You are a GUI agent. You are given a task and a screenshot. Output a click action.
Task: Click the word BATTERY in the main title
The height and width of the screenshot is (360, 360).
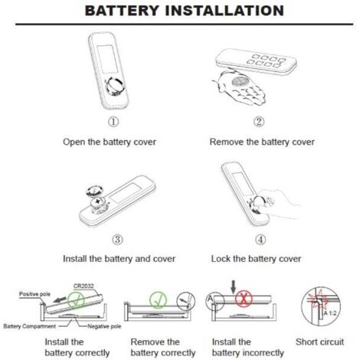pos(121,11)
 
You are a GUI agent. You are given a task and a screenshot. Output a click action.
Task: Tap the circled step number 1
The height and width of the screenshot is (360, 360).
pos(113,122)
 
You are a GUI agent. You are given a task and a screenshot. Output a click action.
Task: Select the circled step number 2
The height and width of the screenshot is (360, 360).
pos(259,122)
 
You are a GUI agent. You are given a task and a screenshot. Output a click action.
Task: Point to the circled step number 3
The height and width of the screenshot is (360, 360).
pos(117,240)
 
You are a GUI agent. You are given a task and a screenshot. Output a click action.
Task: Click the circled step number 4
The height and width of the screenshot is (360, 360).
pos(260,240)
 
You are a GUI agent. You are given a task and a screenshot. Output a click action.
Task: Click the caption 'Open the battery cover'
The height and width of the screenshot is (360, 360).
pos(110,142)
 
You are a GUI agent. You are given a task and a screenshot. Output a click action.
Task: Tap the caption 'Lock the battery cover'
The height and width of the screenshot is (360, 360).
pos(256,259)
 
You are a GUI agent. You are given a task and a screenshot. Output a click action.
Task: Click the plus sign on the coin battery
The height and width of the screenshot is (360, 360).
pos(97,201)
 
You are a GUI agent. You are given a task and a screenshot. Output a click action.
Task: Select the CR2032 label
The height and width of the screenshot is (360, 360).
pos(83,286)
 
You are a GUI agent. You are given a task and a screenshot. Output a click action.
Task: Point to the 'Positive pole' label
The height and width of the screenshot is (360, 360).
pos(34,294)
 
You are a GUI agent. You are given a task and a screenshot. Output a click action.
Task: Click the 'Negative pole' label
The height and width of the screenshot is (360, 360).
pos(104,326)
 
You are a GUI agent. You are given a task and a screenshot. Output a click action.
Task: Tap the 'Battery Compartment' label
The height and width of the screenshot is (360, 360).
pos(30,326)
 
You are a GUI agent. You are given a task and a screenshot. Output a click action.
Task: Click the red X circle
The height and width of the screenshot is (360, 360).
pos(244,299)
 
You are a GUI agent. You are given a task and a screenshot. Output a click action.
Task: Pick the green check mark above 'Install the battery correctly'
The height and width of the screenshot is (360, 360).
pos(76,300)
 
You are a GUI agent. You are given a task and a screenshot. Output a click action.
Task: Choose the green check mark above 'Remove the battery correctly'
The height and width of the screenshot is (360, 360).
pos(159,300)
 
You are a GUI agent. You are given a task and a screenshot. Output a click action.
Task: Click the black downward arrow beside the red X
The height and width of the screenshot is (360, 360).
pos(233,287)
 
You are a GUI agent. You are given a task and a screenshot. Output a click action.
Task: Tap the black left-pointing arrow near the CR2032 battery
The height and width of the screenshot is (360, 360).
pos(60,299)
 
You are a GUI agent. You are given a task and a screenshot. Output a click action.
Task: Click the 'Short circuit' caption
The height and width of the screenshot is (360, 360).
pos(319,342)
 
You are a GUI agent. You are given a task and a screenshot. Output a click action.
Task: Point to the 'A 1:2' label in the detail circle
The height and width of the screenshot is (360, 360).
pos(330,313)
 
